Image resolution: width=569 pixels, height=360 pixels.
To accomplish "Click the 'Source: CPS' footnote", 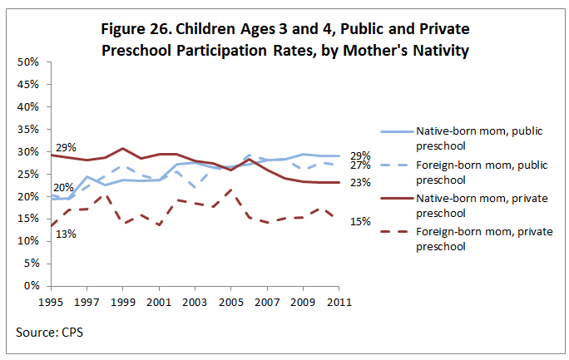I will pos(49,333).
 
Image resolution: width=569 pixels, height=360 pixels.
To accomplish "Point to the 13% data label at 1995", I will pos(66,234).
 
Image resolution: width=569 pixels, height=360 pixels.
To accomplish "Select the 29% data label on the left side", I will pos(66,147).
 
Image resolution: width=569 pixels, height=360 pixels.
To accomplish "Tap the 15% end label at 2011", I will pos(360,221).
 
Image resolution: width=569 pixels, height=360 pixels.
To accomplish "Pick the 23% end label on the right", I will pos(360,182).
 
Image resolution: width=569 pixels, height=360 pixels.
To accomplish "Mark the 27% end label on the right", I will pos(360,165).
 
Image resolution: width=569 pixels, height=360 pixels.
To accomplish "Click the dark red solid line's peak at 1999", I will pos(122,149).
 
